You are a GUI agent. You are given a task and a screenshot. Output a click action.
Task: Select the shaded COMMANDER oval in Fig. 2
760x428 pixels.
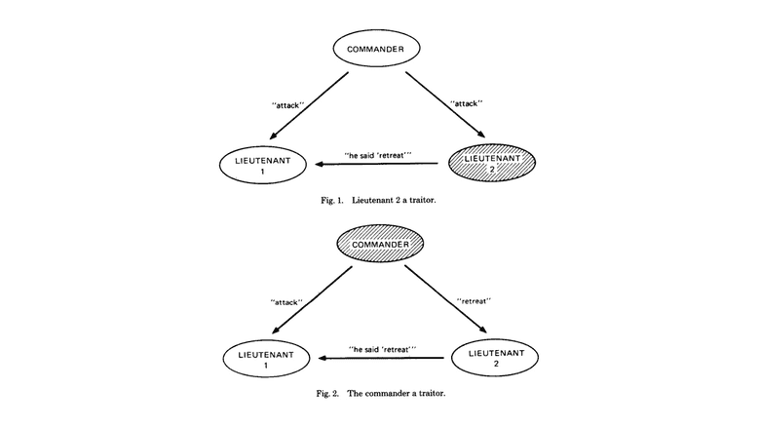click(379, 241)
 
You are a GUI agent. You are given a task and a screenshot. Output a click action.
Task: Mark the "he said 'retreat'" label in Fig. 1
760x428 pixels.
click(380, 154)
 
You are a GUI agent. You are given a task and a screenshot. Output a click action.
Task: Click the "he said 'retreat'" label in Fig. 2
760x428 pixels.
click(380, 348)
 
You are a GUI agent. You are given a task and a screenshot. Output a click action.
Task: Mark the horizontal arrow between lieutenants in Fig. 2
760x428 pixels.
click(379, 358)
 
